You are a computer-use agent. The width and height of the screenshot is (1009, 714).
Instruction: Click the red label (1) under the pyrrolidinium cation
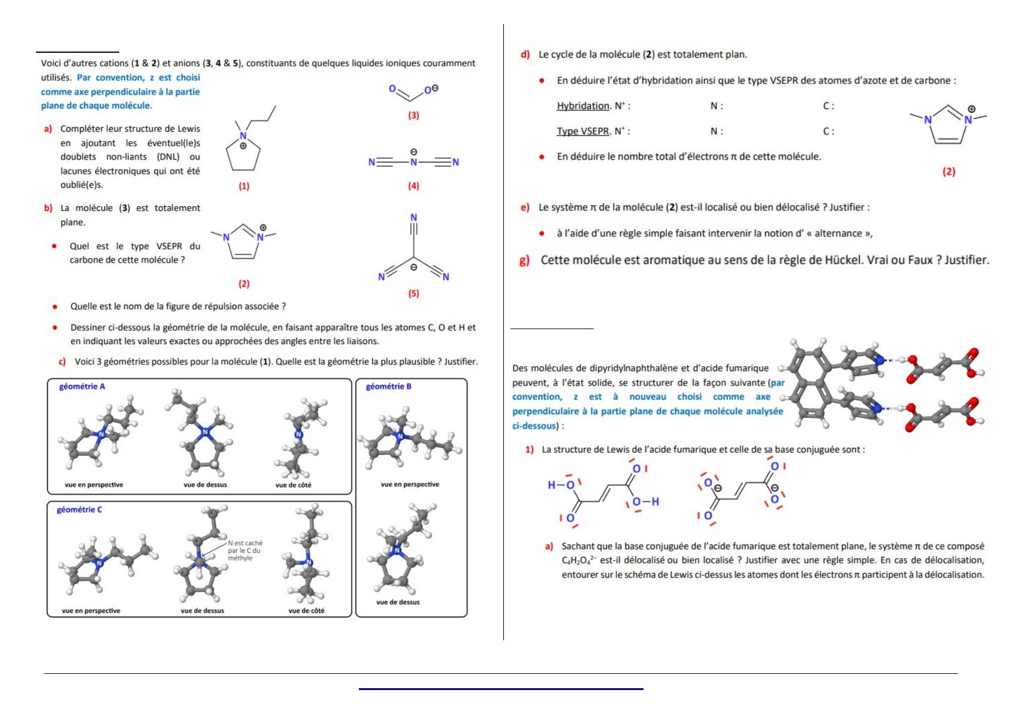tap(244, 186)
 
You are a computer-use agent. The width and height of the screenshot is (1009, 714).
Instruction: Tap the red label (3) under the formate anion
tap(413, 115)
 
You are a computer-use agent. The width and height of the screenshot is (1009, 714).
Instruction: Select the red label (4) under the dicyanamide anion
tap(413, 186)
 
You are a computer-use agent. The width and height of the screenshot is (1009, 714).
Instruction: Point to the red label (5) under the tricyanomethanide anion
tap(413, 293)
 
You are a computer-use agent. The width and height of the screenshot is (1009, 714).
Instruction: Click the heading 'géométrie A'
tap(82, 387)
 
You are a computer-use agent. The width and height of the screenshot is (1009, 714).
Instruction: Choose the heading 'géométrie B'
tap(389, 387)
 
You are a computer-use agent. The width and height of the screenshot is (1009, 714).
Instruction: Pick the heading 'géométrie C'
tap(80, 510)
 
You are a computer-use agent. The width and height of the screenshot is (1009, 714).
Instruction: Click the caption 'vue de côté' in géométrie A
tap(293, 484)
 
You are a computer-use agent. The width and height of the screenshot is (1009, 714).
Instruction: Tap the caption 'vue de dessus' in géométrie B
tap(398, 602)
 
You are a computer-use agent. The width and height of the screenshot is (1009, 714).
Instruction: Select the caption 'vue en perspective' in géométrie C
tap(91, 610)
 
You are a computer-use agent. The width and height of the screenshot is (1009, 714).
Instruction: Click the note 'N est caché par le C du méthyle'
tap(244, 550)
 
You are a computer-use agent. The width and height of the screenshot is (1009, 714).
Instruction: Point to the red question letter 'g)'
tap(524, 260)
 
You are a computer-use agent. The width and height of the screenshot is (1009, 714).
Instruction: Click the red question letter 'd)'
tap(525, 55)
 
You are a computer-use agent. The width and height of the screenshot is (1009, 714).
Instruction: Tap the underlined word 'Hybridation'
tap(583, 106)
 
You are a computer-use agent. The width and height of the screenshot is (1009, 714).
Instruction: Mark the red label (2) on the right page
tap(948, 171)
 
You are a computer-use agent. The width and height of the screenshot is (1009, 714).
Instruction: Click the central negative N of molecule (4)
tap(413, 161)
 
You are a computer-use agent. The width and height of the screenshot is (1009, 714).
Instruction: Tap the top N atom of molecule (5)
tap(413, 218)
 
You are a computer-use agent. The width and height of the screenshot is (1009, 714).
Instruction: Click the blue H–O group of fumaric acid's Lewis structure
tap(561, 485)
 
